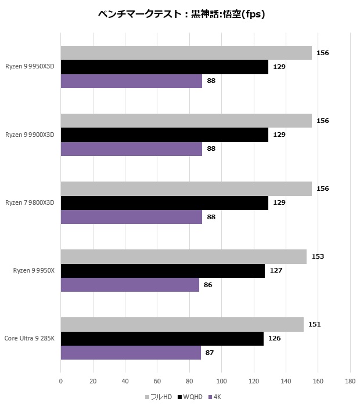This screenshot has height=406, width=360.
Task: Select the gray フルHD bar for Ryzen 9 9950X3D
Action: [186, 53]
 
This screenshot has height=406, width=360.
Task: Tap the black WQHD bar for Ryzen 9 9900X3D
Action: [164, 135]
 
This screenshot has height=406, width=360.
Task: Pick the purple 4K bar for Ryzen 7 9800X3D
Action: [131, 217]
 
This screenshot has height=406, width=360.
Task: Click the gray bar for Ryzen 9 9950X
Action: [183, 256]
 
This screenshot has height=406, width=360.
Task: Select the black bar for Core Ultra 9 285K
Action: [162, 339]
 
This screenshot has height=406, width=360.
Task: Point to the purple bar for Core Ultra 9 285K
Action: [131, 353]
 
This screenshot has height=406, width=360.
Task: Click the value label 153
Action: [318, 256]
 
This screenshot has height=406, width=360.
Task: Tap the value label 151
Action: [314, 324]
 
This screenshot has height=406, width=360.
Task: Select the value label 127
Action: [276, 270]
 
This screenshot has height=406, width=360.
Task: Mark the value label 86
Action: [208, 285]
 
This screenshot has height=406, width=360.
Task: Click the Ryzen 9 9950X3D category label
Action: [30, 67]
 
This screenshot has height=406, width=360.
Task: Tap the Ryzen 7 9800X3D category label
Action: [30, 202]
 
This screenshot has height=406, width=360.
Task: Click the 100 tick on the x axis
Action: [221, 381]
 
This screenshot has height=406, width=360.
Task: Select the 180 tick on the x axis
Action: [350, 381]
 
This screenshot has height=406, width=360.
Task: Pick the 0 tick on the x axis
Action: [61, 381]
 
